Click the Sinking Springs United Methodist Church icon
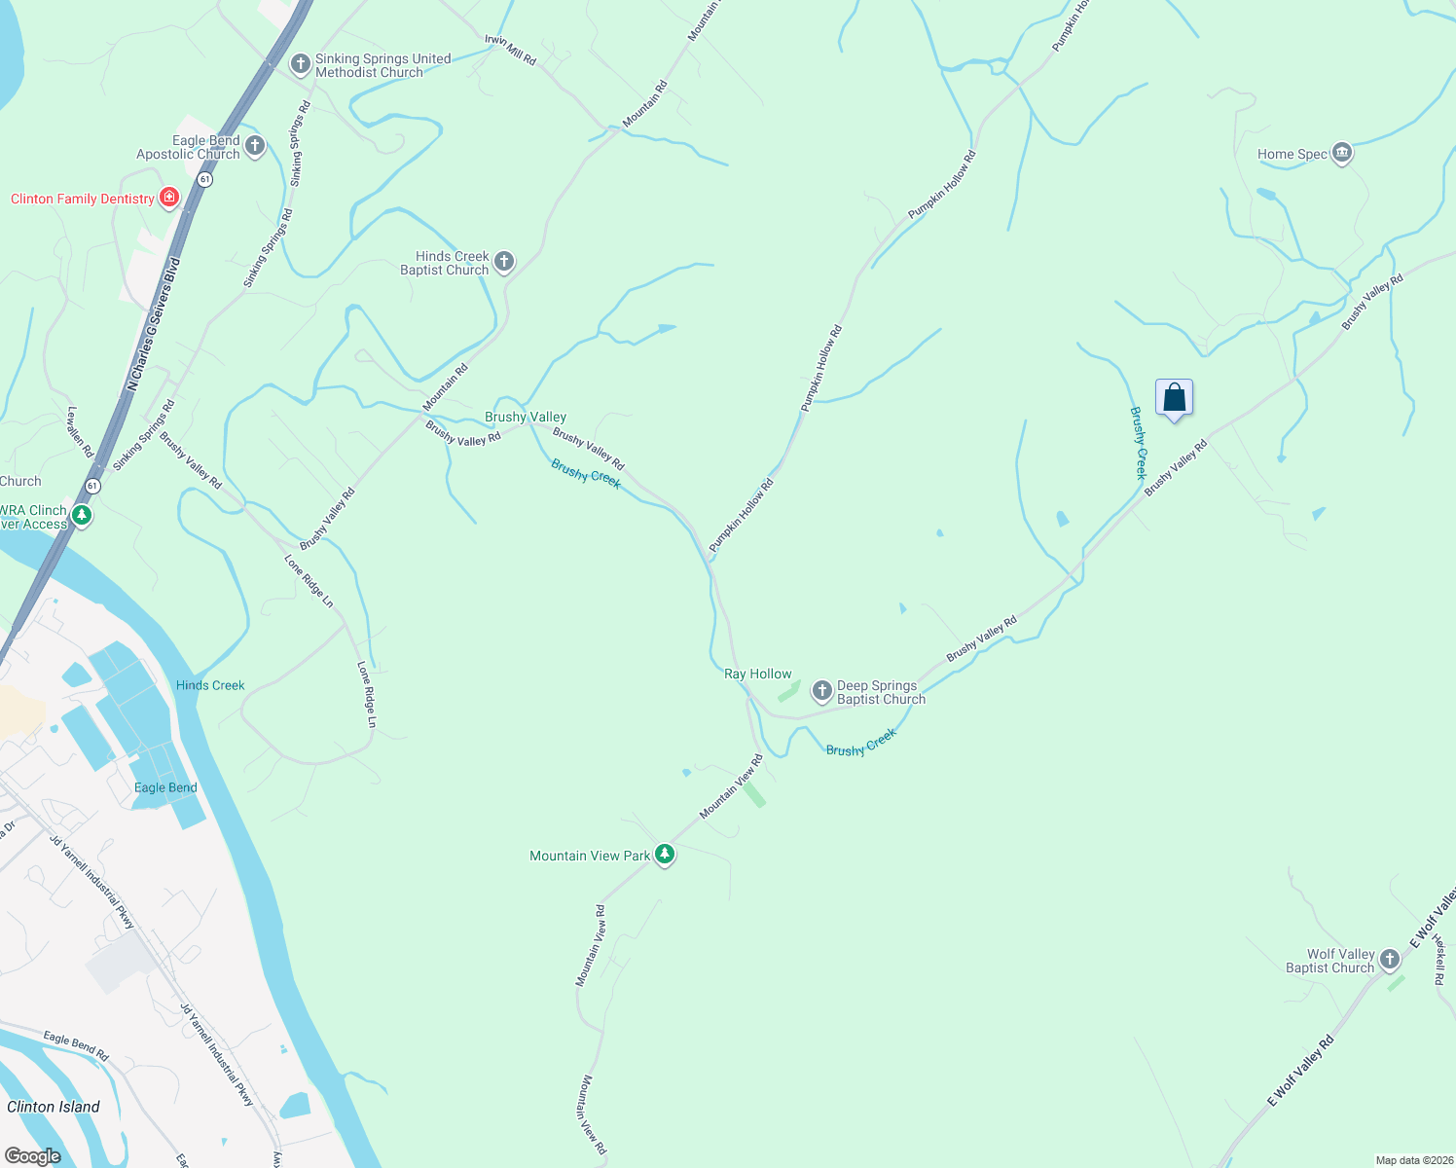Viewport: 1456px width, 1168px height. (x=301, y=64)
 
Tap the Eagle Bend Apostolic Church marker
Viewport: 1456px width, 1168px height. (x=255, y=146)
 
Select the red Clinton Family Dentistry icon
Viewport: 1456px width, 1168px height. (x=169, y=198)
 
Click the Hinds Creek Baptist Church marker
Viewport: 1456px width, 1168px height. (x=504, y=261)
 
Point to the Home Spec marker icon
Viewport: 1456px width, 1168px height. (x=1342, y=153)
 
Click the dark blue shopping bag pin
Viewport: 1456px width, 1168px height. (x=1175, y=398)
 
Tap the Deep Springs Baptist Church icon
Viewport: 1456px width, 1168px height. (x=822, y=691)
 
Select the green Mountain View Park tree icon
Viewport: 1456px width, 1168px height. (x=665, y=855)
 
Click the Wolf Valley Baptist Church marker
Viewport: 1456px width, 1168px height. (x=1390, y=960)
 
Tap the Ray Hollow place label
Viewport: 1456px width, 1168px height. (x=758, y=674)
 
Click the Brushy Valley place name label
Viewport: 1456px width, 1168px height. (x=526, y=417)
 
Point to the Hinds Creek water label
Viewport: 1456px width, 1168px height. (x=210, y=685)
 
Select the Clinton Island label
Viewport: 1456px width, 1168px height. (x=54, y=1107)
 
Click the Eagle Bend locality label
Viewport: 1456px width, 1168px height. (x=165, y=787)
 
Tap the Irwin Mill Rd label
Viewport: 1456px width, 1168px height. (x=511, y=51)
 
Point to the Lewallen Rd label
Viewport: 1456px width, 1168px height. (x=80, y=432)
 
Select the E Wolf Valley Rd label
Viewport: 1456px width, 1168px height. (x=1300, y=1071)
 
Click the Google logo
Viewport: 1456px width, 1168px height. (x=33, y=1155)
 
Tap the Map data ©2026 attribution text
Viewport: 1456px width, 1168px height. (x=1413, y=1160)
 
